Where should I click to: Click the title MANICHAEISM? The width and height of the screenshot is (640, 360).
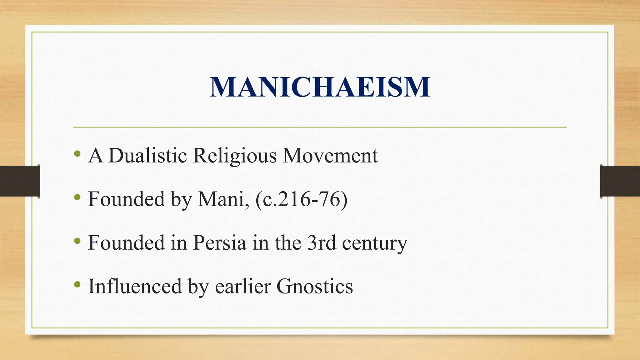pos(320,87)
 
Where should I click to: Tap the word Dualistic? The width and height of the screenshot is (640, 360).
pos(147,155)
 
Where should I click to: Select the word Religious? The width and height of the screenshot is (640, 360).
pos(235,155)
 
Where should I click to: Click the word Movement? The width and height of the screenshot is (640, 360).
pos(330,155)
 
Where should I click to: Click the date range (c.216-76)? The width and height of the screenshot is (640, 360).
pos(301,199)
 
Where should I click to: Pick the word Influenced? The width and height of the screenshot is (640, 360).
pos(135,286)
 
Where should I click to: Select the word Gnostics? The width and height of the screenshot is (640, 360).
pos(315,286)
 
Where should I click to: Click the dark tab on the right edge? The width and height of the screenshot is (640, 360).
pos(620,181)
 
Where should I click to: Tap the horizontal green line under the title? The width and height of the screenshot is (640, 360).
pos(320,127)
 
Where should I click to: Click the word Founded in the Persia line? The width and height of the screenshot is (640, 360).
pos(126,242)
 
